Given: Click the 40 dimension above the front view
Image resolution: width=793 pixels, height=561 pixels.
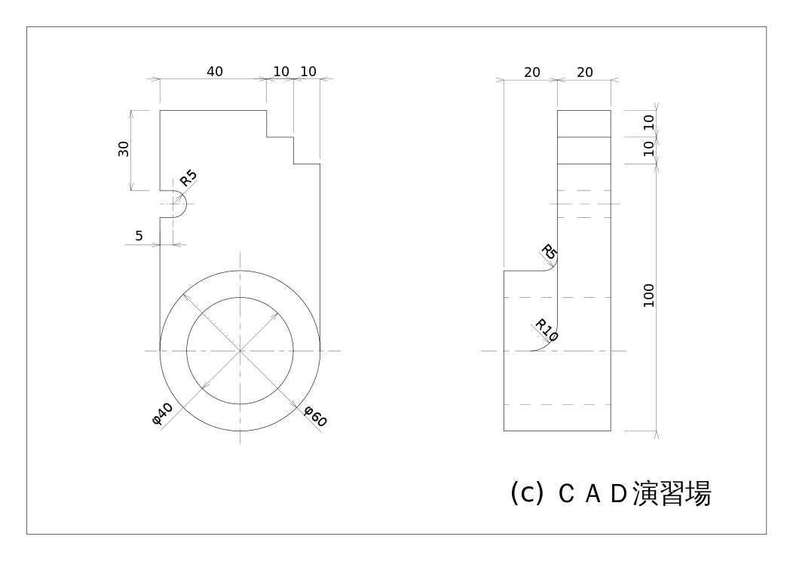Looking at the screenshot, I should pyautogui.click(x=215, y=72).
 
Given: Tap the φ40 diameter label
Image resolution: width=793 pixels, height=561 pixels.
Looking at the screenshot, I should pyautogui.click(x=163, y=413).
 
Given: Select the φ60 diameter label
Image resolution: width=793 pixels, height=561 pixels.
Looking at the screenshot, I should pyautogui.click(x=314, y=416).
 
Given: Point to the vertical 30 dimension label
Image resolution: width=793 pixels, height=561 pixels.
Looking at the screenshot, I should pyautogui.click(x=124, y=149).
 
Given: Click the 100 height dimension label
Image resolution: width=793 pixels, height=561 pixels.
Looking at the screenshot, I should pyautogui.click(x=649, y=295).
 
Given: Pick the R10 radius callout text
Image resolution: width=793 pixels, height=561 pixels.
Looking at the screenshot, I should pyautogui.click(x=547, y=330).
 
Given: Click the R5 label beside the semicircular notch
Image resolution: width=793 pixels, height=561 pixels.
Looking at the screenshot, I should pyautogui.click(x=188, y=179).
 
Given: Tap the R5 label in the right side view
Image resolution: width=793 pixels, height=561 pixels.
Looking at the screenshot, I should pyautogui.click(x=550, y=253).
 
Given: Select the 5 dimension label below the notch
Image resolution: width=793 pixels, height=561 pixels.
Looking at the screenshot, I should pyautogui.click(x=139, y=236).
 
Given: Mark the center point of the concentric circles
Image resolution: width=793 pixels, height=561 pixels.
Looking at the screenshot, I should pyautogui.click(x=240, y=351).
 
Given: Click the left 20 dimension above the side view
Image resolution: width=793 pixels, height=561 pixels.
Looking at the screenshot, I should pyautogui.click(x=532, y=72).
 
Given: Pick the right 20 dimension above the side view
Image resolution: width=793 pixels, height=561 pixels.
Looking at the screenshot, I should pyautogui.click(x=585, y=72).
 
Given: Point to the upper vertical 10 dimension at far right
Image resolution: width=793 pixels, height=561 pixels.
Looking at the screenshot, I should pyautogui.click(x=649, y=123).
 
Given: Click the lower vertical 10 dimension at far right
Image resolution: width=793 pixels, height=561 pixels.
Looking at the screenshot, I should pyautogui.click(x=649, y=149).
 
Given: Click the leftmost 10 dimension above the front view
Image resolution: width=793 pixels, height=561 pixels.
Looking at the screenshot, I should pyautogui.click(x=281, y=72).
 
